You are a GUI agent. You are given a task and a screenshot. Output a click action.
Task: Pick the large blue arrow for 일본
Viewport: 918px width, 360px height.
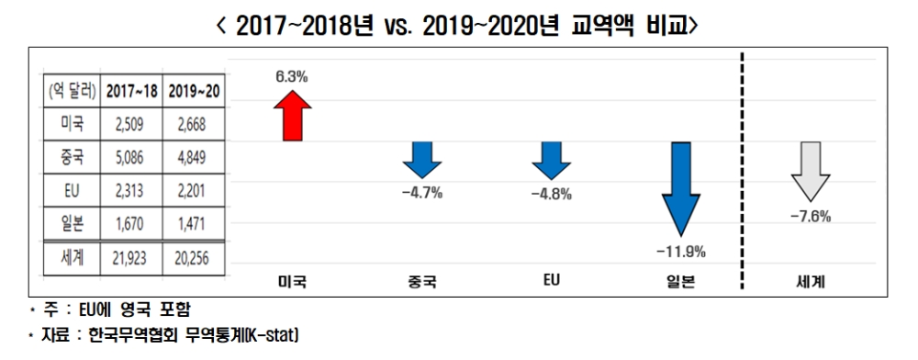(681, 189)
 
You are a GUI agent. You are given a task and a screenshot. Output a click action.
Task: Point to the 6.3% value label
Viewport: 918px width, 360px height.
(292, 77)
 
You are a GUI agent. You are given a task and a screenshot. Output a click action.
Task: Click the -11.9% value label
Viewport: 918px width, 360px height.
(681, 251)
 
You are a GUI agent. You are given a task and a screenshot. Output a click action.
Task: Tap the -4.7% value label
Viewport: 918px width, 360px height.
(421, 195)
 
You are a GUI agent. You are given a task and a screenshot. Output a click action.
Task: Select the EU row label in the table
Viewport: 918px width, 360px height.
(70, 191)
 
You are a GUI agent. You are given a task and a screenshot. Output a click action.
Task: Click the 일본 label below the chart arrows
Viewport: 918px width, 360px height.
(681, 282)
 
